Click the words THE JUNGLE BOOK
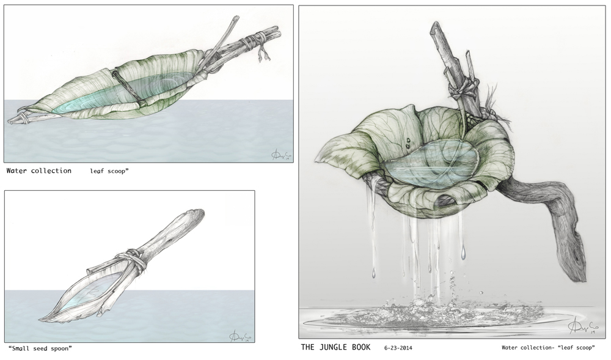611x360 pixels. point(335,347)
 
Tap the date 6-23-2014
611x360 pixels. point(398,348)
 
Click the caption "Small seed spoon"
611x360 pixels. point(40,348)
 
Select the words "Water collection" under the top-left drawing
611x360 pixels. point(39,171)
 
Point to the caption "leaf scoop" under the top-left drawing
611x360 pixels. point(109,171)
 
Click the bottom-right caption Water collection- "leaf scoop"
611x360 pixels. point(548,347)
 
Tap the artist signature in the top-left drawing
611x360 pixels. point(278,155)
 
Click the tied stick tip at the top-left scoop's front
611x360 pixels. point(16,119)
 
